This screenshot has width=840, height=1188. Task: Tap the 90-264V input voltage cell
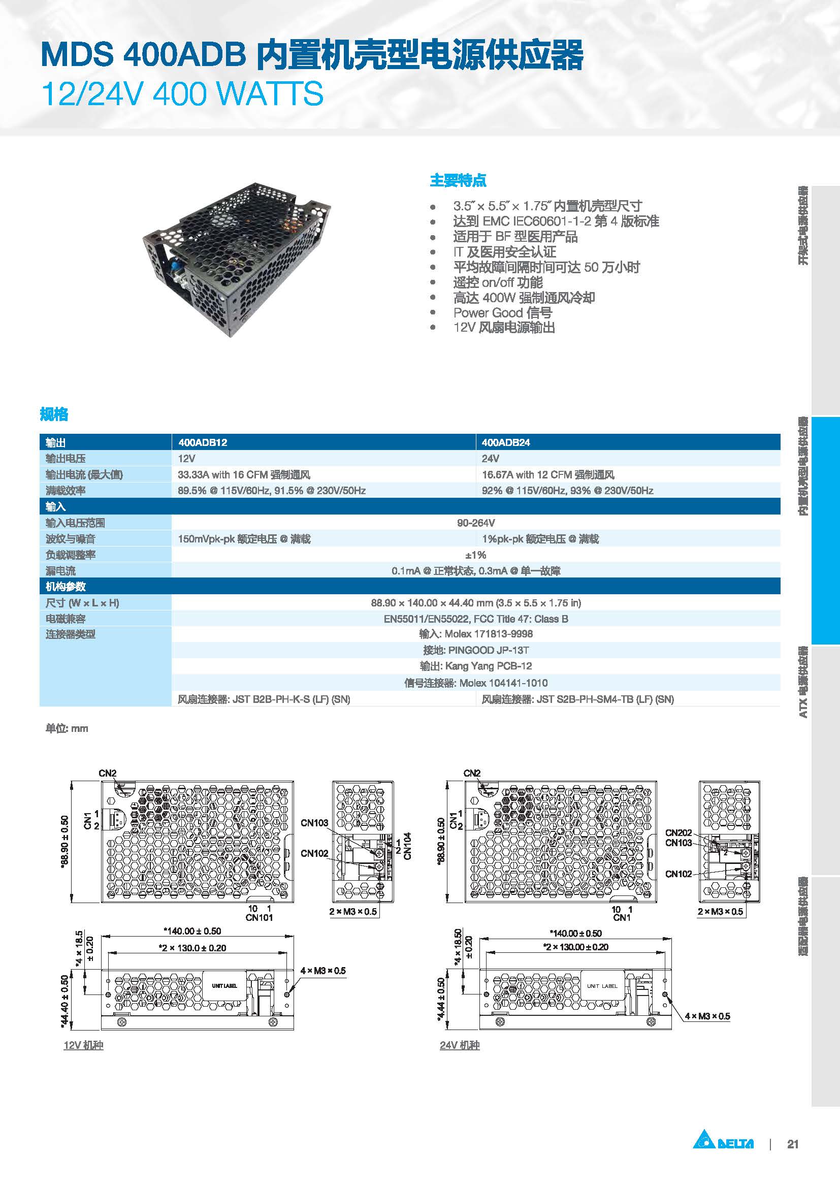[475, 523]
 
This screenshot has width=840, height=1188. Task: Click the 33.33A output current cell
[244, 474]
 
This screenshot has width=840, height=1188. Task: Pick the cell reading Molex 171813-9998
[475, 634]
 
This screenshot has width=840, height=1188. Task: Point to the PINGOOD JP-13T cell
[475, 650]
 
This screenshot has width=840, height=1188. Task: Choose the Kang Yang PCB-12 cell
[475, 666]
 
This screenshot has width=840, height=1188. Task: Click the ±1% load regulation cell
[475, 555]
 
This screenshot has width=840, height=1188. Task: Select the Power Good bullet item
[502, 312]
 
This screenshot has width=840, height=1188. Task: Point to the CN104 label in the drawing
[408, 846]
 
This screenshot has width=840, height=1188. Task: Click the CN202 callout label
[678, 832]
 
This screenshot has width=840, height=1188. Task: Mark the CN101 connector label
[259, 917]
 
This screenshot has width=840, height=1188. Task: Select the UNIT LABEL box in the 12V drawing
[224, 986]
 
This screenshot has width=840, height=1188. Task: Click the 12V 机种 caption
[83, 1045]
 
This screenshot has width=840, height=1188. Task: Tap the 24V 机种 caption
[459, 1045]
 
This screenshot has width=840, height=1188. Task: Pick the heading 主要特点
[458, 181]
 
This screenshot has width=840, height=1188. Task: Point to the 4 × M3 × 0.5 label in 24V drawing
[707, 1016]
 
